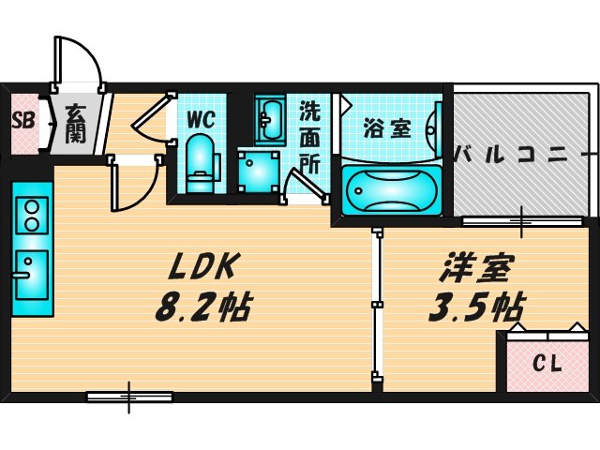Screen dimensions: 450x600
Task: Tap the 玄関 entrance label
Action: pos(76,122)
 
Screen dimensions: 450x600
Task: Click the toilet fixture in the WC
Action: pos(199,159)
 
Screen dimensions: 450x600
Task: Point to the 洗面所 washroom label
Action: pos(309,135)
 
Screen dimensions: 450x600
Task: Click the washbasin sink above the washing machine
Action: pos(270,120)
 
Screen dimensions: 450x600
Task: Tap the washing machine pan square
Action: pos(256,170)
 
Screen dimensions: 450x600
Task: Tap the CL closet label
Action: pos(548,363)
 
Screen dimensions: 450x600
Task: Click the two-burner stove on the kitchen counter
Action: pos(32,216)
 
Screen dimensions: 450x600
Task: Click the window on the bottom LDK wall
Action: pos(128,397)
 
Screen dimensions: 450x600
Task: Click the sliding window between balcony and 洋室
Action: pos(523,221)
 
